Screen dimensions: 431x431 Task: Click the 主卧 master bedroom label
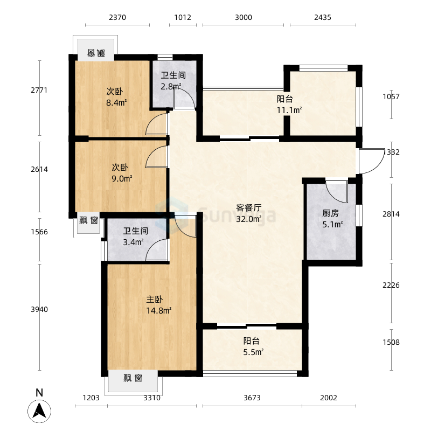[155, 300]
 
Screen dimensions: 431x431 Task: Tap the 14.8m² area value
[159, 310]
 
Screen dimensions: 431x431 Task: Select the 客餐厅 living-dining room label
[249, 208]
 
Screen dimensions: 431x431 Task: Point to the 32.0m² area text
[249, 219]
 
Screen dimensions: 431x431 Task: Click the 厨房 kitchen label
[331, 213]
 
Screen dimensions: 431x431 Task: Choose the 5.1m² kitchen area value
[332, 224]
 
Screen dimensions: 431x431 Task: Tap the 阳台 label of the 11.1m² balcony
[285, 99]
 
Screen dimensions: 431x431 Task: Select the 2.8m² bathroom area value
[171, 86]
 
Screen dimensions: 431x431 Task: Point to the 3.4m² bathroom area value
[133, 242]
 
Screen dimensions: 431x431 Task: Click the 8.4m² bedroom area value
[116, 102]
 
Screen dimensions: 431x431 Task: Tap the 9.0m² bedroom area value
[122, 178]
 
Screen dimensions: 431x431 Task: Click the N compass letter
[39, 393]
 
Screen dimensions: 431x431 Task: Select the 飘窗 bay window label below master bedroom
[133, 378]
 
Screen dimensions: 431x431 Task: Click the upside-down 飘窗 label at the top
[95, 53]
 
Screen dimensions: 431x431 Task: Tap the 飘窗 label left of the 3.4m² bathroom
[88, 220]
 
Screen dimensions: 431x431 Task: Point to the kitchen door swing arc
[336, 192]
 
